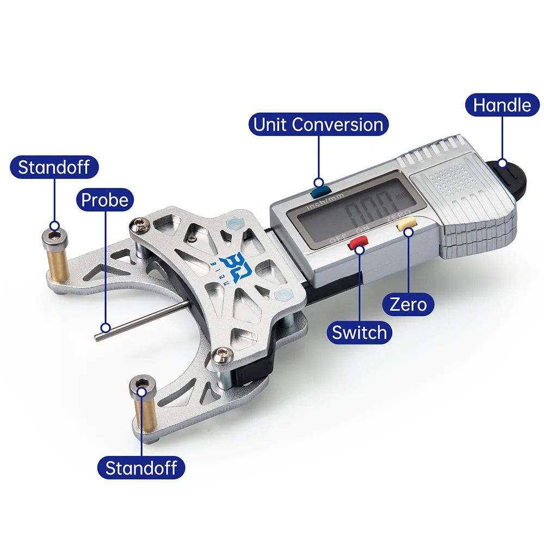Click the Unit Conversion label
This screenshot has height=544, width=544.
[x=318, y=125]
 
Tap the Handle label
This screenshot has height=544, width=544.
[x=502, y=104]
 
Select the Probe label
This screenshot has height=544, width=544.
[x=105, y=200]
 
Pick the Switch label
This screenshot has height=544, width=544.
[x=359, y=332]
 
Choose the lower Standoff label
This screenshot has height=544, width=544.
[x=141, y=467]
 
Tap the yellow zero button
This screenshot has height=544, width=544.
[x=407, y=225]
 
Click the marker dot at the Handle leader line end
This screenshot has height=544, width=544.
[x=502, y=162]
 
